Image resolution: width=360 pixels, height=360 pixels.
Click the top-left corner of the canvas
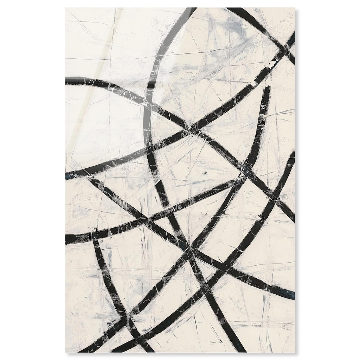[x=66, y=8]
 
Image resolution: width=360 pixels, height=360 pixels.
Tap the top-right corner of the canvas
[x=295, y=8]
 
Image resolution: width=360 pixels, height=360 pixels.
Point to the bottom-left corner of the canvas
[x=66, y=352]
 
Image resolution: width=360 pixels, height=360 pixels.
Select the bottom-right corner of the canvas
[x=295, y=352]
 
